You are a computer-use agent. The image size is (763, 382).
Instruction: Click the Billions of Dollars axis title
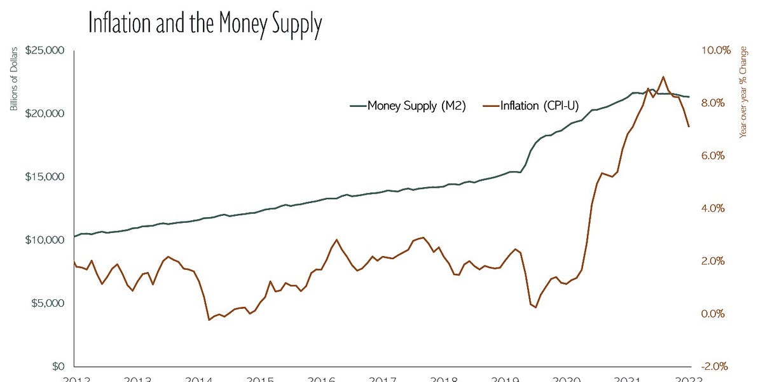[13, 80]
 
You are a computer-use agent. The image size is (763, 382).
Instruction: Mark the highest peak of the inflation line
[663, 76]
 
